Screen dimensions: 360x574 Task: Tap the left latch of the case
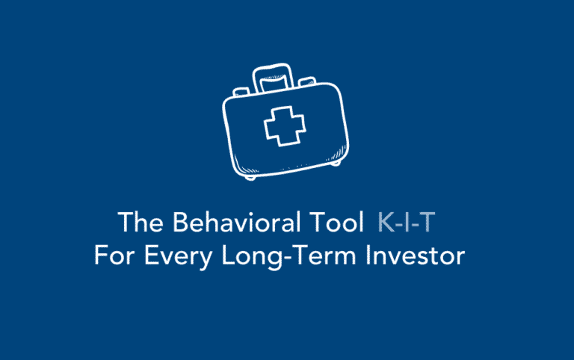click(x=241, y=91)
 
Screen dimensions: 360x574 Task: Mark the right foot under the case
click(x=336, y=162)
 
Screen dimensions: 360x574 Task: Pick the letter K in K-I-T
click(x=386, y=223)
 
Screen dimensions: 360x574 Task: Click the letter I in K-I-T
click(x=413, y=223)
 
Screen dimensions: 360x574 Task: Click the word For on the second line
click(x=112, y=255)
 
